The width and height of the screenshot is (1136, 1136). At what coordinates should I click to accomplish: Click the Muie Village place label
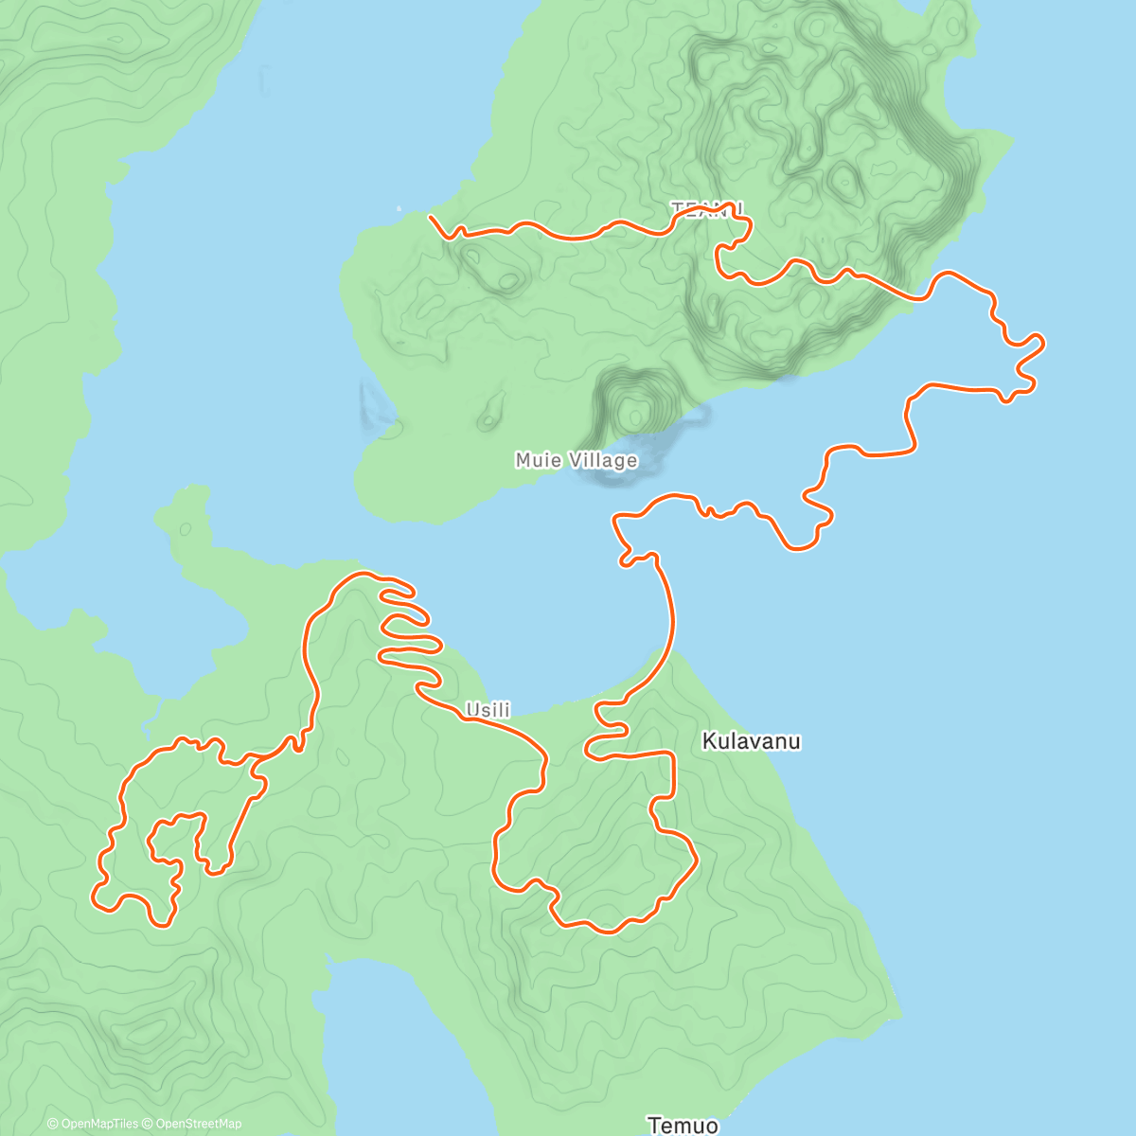click(x=576, y=461)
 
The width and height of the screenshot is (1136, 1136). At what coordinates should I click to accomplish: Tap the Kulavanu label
click(x=751, y=741)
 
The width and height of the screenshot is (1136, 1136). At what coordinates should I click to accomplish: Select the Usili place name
click(x=488, y=710)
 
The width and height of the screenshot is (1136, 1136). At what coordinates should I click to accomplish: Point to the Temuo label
click(x=683, y=1125)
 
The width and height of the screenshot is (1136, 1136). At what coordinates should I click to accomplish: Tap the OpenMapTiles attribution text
click(x=93, y=1124)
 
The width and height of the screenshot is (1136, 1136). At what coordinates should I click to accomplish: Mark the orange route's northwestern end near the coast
click(x=431, y=218)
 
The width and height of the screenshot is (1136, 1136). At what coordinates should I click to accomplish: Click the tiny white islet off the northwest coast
click(x=399, y=208)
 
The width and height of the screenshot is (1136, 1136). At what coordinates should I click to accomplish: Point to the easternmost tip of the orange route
click(x=1043, y=342)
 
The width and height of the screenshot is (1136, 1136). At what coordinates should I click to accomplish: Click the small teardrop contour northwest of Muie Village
click(x=489, y=415)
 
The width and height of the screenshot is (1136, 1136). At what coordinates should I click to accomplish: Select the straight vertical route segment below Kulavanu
click(x=674, y=774)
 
